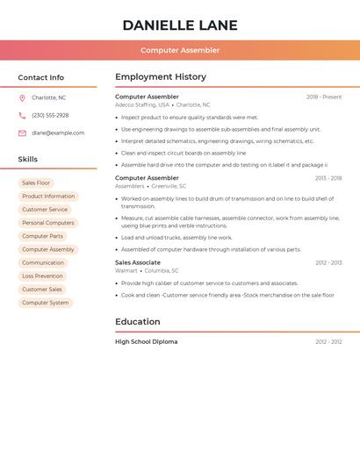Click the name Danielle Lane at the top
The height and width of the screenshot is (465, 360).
[x=180, y=25]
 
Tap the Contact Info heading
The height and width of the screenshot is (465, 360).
[x=40, y=77]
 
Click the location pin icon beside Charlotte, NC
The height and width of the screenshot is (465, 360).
[x=22, y=97]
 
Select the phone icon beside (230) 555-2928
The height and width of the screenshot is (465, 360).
[x=22, y=115]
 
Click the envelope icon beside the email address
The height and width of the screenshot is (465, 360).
[x=22, y=132]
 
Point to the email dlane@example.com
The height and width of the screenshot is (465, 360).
[x=58, y=132]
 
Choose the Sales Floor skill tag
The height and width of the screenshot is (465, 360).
[x=36, y=182]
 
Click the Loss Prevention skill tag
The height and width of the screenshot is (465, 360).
[x=42, y=275]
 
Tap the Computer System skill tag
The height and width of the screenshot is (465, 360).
[x=46, y=303]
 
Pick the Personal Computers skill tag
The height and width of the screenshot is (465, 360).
[x=48, y=223]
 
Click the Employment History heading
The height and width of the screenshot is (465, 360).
[x=161, y=76]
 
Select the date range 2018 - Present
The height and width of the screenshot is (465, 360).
[x=323, y=97]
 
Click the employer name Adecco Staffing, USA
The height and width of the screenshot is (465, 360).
[x=142, y=104]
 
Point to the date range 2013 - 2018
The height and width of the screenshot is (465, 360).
[x=328, y=178]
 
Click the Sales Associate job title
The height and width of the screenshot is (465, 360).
[x=138, y=262]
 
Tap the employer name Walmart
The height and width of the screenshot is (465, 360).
[x=126, y=270]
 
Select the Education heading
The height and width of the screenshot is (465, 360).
[x=137, y=321]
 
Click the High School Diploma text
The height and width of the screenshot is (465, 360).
[x=146, y=341]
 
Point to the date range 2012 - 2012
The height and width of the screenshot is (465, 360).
[x=328, y=341]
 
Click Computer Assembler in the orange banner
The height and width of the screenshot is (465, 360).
[x=180, y=50]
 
